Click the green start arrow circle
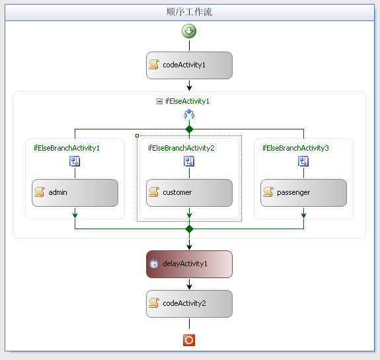189,31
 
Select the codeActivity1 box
189,65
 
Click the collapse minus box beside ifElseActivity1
159,101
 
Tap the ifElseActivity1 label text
187,101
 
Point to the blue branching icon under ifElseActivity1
189,114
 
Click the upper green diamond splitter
189,129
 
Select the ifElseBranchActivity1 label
67,148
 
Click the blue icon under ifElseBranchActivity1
75,161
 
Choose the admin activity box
75,193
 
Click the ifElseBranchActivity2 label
181,148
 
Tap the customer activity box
189,193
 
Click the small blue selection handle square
137,136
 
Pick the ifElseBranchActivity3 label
295,148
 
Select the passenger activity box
303,193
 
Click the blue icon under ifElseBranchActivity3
303,161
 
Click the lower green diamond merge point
189,229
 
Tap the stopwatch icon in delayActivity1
154,264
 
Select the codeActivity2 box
189,304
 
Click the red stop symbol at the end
189,340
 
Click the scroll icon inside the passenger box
268,192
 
